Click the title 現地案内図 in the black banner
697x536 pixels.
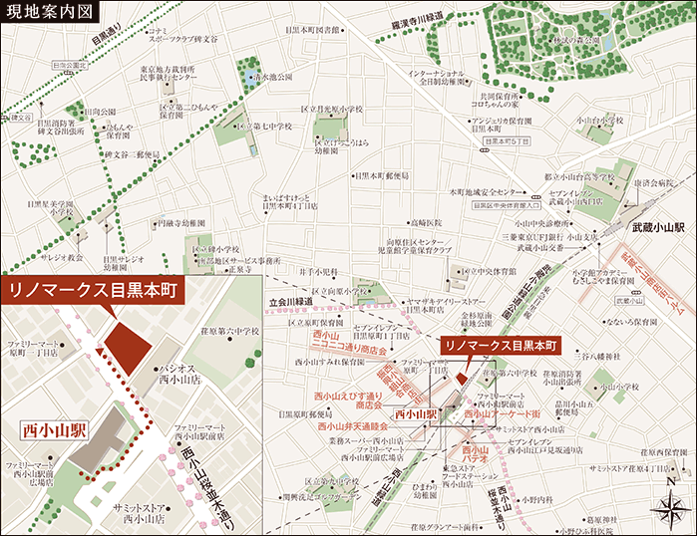coord(50,12)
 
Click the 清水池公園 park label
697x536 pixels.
coord(271,76)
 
